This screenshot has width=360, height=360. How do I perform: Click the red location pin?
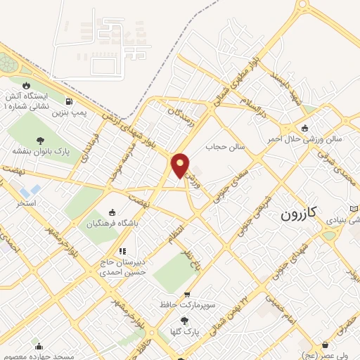[181, 165]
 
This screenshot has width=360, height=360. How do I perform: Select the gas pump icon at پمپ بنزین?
[67, 101]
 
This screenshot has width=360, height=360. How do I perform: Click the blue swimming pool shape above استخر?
[30, 191]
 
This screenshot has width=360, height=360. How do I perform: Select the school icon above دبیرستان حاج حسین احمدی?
[122, 250]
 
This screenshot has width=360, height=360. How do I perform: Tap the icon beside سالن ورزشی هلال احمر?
[304, 128]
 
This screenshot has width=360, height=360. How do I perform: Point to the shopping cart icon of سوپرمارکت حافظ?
[186, 295]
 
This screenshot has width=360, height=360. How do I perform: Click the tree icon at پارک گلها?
[184, 320]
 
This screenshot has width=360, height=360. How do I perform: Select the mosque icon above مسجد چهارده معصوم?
[39, 346]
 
